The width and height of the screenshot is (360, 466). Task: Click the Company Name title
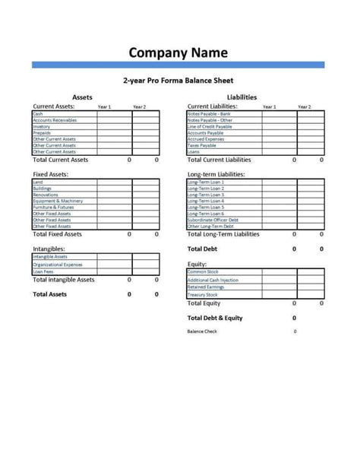(x=178, y=52)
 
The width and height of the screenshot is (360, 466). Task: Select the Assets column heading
(x=82, y=97)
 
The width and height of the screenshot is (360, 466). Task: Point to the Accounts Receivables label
(x=55, y=120)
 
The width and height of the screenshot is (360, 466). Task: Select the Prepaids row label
(x=43, y=133)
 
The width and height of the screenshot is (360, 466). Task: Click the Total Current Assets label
(x=61, y=160)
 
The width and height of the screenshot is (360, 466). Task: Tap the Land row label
(x=38, y=182)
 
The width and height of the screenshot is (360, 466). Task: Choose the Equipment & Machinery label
(x=58, y=201)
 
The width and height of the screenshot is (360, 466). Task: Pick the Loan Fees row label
(x=43, y=271)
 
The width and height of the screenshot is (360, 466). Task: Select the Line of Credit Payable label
(x=211, y=126)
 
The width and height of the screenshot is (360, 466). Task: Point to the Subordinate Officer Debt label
(x=213, y=220)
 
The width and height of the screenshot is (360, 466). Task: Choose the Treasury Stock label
(x=203, y=295)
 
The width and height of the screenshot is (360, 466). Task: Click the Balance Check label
(x=202, y=331)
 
